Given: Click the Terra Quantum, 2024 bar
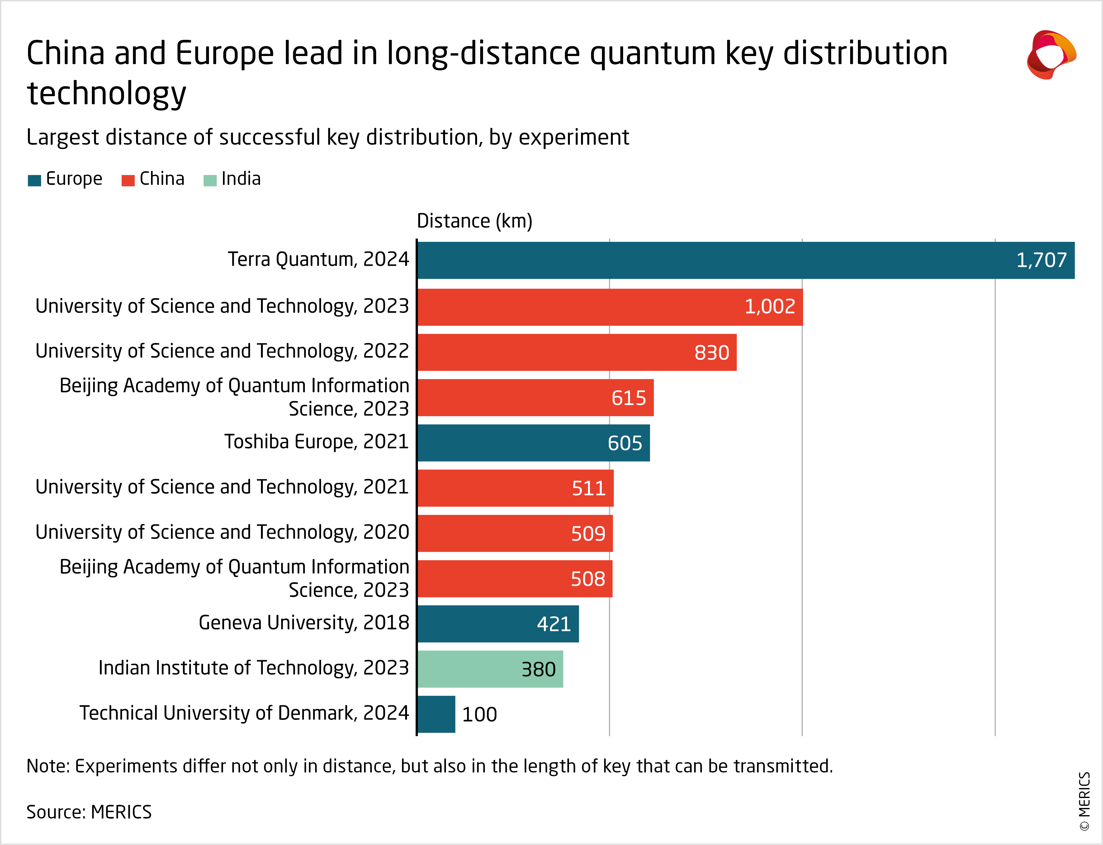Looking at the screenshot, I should pyautogui.click(x=745, y=260).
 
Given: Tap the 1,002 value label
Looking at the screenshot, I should pyautogui.click(x=769, y=306).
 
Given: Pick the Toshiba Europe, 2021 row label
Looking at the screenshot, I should pyautogui.click(x=316, y=442).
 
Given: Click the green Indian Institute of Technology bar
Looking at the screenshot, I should pyautogui.click(x=490, y=669).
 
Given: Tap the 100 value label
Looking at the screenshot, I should pyautogui.click(x=479, y=714).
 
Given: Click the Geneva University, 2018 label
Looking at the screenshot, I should pyautogui.click(x=303, y=623).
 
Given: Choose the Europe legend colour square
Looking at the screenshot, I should pyautogui.click(x=34, y=181).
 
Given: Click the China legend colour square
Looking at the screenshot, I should pyautogui.click(x=128, y=181).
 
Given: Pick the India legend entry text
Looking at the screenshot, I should pyautogui.click(x=241, y=179).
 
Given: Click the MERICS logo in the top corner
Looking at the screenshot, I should pyautogui.click(x=1051, y=54).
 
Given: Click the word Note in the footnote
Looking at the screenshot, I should pyautogui.click(x=47, y=766).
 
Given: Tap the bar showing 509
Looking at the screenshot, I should pyautogui.click(x=515, y=533).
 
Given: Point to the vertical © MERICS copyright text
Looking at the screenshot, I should pyautogui.click(x=1084, y=801).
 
